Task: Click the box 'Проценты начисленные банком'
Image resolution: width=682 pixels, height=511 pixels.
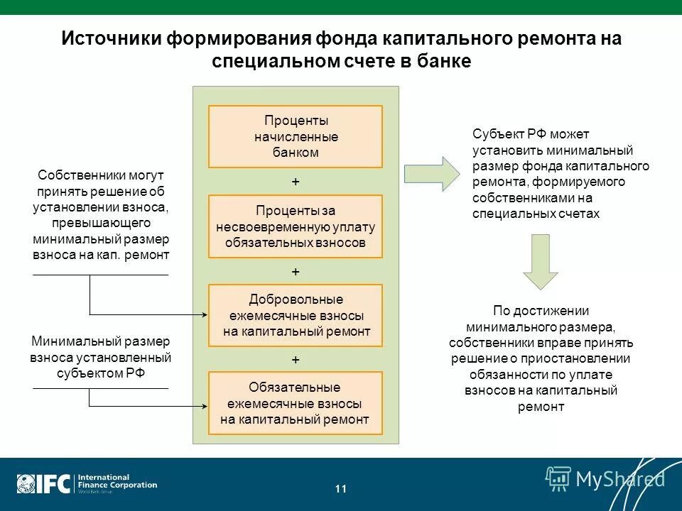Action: pyautogui.click(x=295, y=136)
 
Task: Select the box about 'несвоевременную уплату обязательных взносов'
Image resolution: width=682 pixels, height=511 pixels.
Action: pyautogui.click(x=295, y=226)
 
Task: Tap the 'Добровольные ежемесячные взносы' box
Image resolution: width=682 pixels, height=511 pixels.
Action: pyautogui.click(x=295, y=315)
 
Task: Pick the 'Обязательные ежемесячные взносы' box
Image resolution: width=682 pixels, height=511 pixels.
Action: pyautogui.click(x=295, y=403)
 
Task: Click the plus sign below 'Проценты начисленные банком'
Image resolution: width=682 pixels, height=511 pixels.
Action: pyautogui.click(x=296, y=182)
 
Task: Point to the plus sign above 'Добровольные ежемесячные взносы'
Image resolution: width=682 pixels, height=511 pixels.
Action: pyautogui.click(x=296, y=272)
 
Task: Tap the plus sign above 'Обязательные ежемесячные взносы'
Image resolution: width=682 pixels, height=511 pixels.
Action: pyautogui.click(x=296, y=360)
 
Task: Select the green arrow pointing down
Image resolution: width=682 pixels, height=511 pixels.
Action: pyautogui.click(x=540, y=260)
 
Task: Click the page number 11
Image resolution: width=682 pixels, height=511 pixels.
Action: pyautogui.click(x=341, y=488)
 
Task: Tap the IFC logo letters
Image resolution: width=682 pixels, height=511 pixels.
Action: pyautogui.click(x=53, y=484)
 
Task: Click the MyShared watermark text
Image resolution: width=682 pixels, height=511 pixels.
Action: pyautogui.click(x=619, y=479)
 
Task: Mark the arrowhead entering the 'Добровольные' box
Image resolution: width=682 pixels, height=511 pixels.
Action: pyautogui.click(x=204, y=314)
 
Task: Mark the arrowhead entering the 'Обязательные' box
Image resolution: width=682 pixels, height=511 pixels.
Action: pyautogui.click(x=204, y=406)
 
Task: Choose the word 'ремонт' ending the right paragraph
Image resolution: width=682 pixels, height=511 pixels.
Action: pyautogui.click(x=541, y=407)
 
